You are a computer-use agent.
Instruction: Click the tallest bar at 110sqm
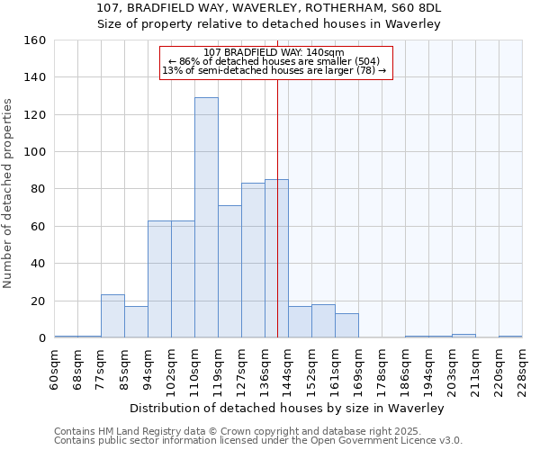(206, 218)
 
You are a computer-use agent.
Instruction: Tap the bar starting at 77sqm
(112, 316)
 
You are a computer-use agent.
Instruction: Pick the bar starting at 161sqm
(346, 325)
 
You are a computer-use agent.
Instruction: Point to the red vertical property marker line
(277, 225)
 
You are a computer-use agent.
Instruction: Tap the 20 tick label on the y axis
(38, 301)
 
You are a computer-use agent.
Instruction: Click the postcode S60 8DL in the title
(413, 8)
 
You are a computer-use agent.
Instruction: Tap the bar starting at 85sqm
(136, 322)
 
